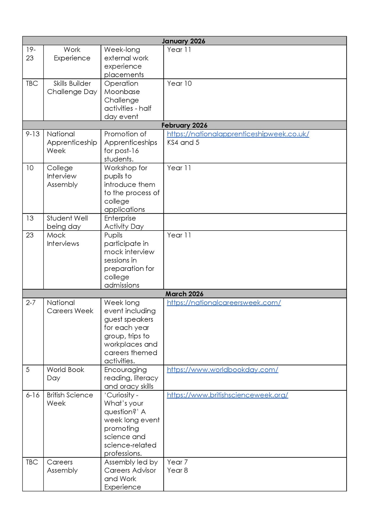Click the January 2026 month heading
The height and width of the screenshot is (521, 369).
(183, 41)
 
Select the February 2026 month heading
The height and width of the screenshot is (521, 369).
(184, 125)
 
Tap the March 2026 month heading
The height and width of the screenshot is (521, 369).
(184, 294)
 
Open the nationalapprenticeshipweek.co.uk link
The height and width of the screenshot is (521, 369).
(238, 134)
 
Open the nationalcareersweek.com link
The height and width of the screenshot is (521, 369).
(224, 302)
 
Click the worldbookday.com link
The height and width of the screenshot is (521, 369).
(222, 370)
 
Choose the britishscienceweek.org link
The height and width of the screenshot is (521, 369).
(227, 395)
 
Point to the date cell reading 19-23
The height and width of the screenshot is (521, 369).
(31, 54)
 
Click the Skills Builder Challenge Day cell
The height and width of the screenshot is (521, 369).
(72, 88)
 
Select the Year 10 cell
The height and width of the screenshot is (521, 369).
(179, 83)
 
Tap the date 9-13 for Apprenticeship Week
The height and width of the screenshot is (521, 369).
(33, 134)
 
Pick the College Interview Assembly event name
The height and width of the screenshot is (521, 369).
(62, 176)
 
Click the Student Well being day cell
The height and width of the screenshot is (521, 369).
(67, 222)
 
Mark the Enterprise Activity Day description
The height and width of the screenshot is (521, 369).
(124, 222)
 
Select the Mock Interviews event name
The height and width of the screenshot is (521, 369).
(63, 239)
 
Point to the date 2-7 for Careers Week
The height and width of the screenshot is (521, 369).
(31, 302)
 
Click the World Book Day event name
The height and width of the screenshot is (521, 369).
(65, 374)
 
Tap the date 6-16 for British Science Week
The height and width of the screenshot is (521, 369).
(33, 395)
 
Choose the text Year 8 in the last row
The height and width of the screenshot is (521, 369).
(177, 470)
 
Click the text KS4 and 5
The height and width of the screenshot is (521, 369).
(183, 142)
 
